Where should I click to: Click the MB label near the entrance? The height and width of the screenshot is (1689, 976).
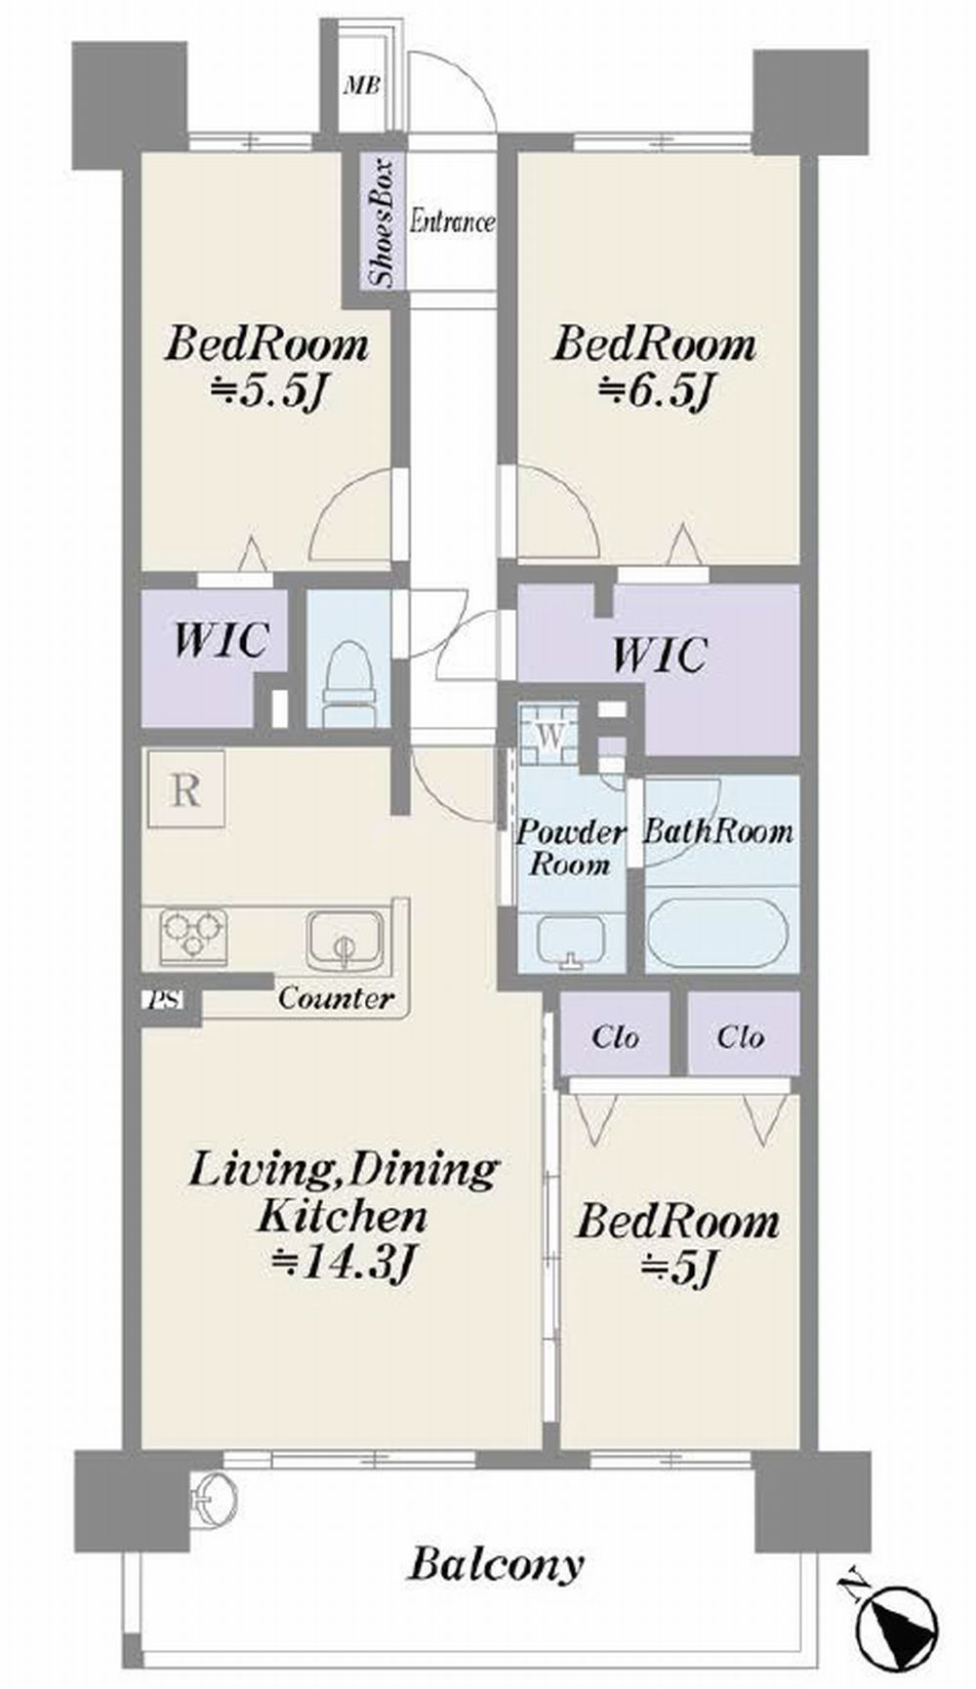[361, 85]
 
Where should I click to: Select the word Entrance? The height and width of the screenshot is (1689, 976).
[451, 221]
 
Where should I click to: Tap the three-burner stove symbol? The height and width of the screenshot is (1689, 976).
[193, 937]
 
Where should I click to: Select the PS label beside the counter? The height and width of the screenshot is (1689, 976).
[156, 1000]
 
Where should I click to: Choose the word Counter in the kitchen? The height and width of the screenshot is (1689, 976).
[336, 998]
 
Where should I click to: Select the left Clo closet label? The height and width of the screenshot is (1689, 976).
[616, 1036]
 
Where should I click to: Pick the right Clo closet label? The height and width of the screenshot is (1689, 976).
[741, 1036]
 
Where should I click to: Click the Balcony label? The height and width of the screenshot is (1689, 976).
[496, 1564]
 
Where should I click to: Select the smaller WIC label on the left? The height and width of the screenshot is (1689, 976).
[220, 641]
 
